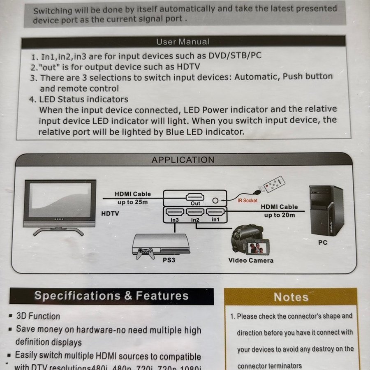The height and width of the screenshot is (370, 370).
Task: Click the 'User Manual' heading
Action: (183, 42)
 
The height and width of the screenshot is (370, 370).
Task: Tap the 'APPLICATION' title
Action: (183, 160)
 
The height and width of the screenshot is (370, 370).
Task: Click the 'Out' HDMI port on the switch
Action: (195, 197)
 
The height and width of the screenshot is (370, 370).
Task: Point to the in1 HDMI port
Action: (215, 212)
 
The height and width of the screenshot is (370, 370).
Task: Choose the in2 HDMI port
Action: (195, 212)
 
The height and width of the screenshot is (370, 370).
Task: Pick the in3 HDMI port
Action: (175, 212)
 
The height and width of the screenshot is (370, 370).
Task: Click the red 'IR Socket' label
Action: (247, 201)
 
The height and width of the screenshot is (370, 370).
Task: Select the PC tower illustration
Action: (326, 210)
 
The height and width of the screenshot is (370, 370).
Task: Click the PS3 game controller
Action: (145, 253)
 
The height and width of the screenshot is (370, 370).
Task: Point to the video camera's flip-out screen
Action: (257, 247)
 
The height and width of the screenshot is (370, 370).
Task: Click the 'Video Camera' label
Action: (251, 261)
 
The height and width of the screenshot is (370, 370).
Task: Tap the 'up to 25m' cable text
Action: (133, 202)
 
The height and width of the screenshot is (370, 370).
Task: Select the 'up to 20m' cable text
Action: (280, 215)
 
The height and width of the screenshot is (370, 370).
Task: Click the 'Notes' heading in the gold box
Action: (291, 297)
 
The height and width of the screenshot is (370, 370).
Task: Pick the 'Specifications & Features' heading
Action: (111, 296)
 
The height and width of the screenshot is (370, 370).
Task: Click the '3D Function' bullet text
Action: (38, 316)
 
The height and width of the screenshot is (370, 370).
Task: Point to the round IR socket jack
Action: (215, 201)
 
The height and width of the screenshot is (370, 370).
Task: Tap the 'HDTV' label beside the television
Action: (110, 213)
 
